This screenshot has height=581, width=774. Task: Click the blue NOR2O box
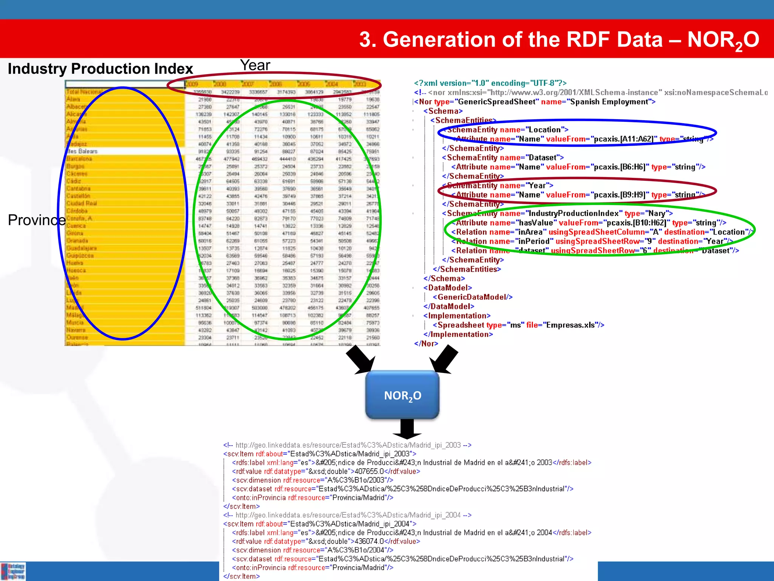(402, 395)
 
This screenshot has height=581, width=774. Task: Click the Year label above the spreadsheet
(255, 65)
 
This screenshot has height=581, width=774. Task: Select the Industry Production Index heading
(100, 69)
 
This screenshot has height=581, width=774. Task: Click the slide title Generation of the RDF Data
(559, 40)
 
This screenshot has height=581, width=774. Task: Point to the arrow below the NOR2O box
(407, 429)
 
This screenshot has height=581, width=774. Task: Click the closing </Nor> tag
(426, 343)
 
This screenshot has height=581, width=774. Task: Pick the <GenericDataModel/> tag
(472, 297)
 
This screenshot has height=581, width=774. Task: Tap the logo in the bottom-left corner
(13, 571)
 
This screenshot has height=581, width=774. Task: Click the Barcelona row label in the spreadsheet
(79, 159)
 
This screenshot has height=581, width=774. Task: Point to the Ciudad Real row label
(82, 204)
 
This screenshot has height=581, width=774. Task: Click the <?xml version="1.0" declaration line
(490, 83)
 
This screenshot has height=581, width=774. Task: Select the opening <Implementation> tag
(457, 315)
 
